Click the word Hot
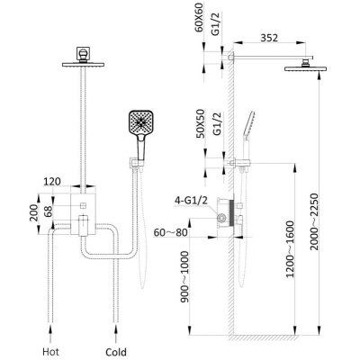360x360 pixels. coord(50,351)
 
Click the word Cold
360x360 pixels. coord(116,352)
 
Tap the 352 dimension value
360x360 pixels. coord(269,38)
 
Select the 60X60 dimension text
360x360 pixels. coord(199,17)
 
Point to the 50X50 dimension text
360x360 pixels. coord(200,123)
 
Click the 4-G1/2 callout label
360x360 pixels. coord(192,201)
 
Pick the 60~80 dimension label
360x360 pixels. coord(170,232)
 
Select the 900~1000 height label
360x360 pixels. coord(185,276)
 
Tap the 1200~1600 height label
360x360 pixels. coord(290,249)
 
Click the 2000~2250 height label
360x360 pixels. coord(314,221)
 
